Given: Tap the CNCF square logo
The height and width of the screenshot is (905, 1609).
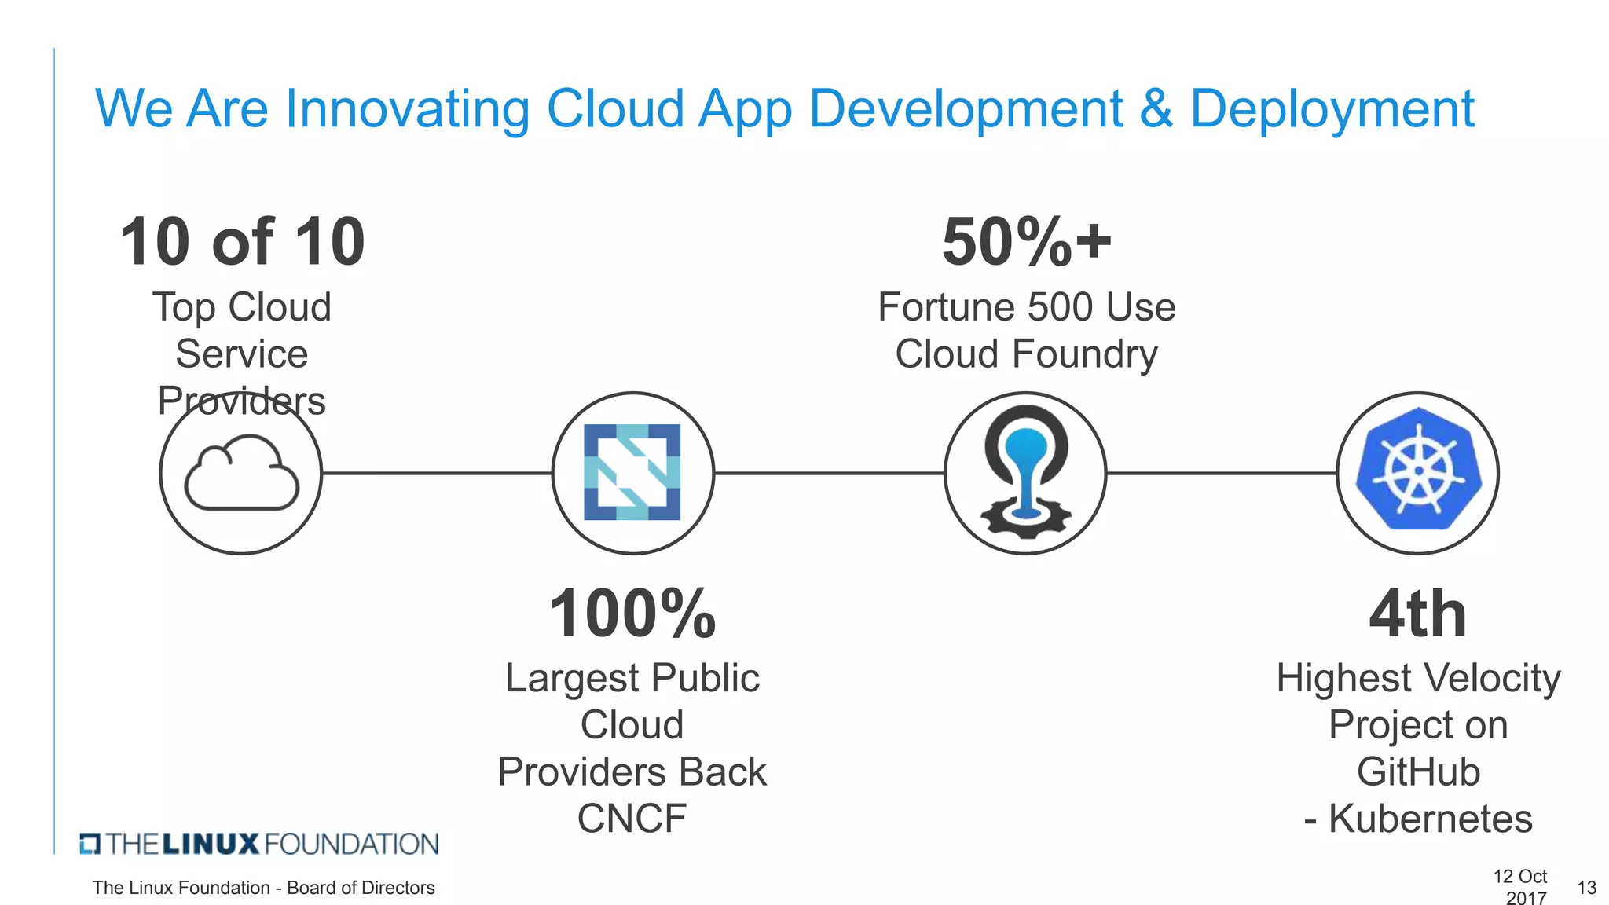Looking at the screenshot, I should click(632, 472).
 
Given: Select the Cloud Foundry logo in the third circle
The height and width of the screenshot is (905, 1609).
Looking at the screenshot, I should click(1025, 472).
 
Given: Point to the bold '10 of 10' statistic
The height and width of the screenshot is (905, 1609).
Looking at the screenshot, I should click(242, 242).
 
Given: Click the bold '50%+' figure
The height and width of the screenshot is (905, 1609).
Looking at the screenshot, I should click(1026, 242).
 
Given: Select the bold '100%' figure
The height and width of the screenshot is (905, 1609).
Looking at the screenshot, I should click(632, 614).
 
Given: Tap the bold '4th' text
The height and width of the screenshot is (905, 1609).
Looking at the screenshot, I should click(1418, 614).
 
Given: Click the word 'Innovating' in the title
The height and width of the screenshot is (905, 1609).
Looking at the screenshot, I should click(407, 108).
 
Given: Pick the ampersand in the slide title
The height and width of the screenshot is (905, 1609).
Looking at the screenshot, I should click(1156, 108).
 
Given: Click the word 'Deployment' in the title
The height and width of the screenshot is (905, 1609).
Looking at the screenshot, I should click(1332, 108).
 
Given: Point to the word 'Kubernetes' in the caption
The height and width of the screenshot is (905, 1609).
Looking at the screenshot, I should click(1430, 819).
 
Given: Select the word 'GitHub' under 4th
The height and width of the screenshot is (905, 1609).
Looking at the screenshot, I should click(1418, 771).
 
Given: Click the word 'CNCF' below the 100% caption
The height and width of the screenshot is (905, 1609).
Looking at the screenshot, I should click(632, 819).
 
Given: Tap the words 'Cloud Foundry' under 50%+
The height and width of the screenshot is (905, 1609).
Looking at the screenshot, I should click(1026, 354).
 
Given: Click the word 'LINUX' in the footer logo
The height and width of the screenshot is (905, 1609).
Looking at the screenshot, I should click(211, 845).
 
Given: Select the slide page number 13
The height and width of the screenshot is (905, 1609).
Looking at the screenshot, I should click(1586, 888).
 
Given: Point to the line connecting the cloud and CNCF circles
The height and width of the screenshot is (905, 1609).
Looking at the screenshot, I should click(437, 473).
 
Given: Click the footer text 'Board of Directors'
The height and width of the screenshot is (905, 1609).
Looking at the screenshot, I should click(361, 888).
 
